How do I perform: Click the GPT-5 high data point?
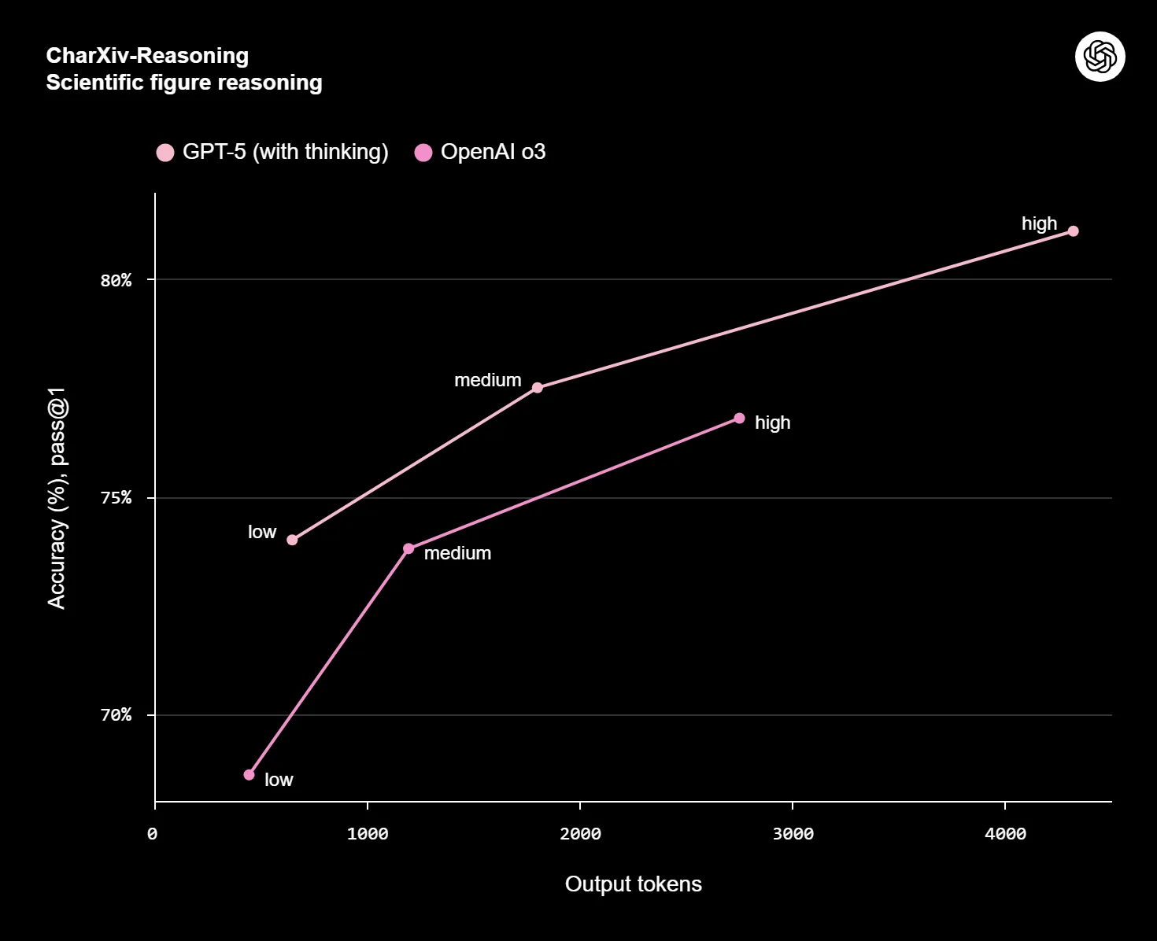pyautogui.click(x=1073, y=231)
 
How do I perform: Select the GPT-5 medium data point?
pyautogui.click(x=538, y=388)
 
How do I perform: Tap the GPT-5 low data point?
pyautogui.click(x=292, y=540)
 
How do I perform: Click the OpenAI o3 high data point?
pyautogui.click(x=739, y=419)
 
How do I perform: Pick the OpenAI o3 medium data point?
pyautogui.click(x=408, y=548)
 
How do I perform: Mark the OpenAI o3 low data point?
pyautogui.click(x=250, y=775)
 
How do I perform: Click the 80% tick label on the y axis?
pyautogui.click(x=116, y=280)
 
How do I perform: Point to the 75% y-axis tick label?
pyautogui.click(x=116, y=498)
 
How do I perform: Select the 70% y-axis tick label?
pyautogui.click(x=116, y=715)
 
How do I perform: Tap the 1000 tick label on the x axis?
pyautogui.click(x=368, y=834)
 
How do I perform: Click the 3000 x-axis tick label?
pyautogui.click(x=793, y=834)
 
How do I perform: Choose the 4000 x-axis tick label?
pyautogui.click(x=1005, y=834)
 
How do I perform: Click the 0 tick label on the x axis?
pyautogui.click(x=153, y=834)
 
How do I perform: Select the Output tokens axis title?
pyautogui.click(x=633, y=884)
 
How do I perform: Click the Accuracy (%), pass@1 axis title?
pyautogui.click(x=57, y=498)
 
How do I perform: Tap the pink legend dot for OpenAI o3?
pyautogui.click(x=423, y=153)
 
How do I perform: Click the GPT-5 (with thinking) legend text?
pyautogui.click(x=285, y=152)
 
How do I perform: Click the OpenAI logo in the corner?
pyautogui.click(x=1100, y=57)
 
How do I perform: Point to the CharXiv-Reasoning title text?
pyautogui.click(x=147, y=56)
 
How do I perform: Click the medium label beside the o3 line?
pyautogui.click(x=457, y=553)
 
